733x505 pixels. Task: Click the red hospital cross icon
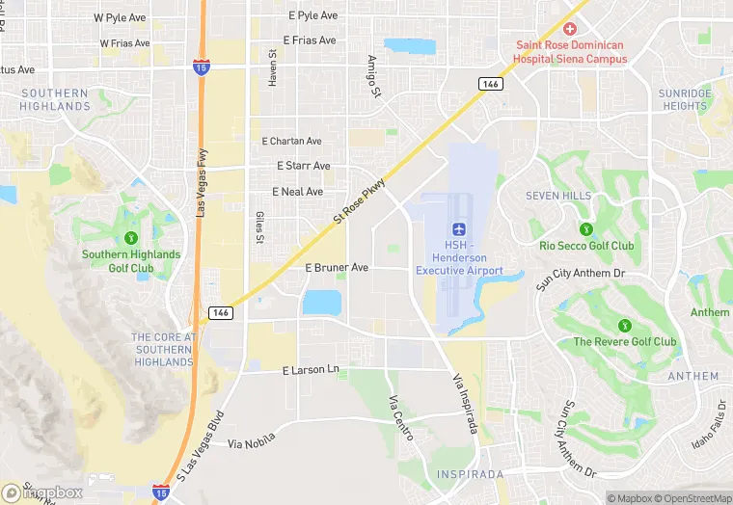click(569, 29)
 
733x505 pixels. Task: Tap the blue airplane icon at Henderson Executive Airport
click(459, 228)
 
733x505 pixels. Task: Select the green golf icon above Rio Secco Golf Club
click(585, 228)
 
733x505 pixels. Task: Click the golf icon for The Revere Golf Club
click(624, 325)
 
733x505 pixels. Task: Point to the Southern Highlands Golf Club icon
click(130, 237)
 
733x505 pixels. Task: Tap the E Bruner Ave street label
click(337, 267)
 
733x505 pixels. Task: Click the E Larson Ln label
click(311, 369)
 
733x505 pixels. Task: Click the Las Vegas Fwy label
click(202, 181)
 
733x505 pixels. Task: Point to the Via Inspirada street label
click(464, 402)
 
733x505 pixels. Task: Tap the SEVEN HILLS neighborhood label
click(558, 196)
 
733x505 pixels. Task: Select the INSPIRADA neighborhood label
click(470, 475)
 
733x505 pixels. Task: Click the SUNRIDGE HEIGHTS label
click(684, 99)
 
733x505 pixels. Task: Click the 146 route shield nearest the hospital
click(491, 84)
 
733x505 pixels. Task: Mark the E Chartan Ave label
click(291, 142)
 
